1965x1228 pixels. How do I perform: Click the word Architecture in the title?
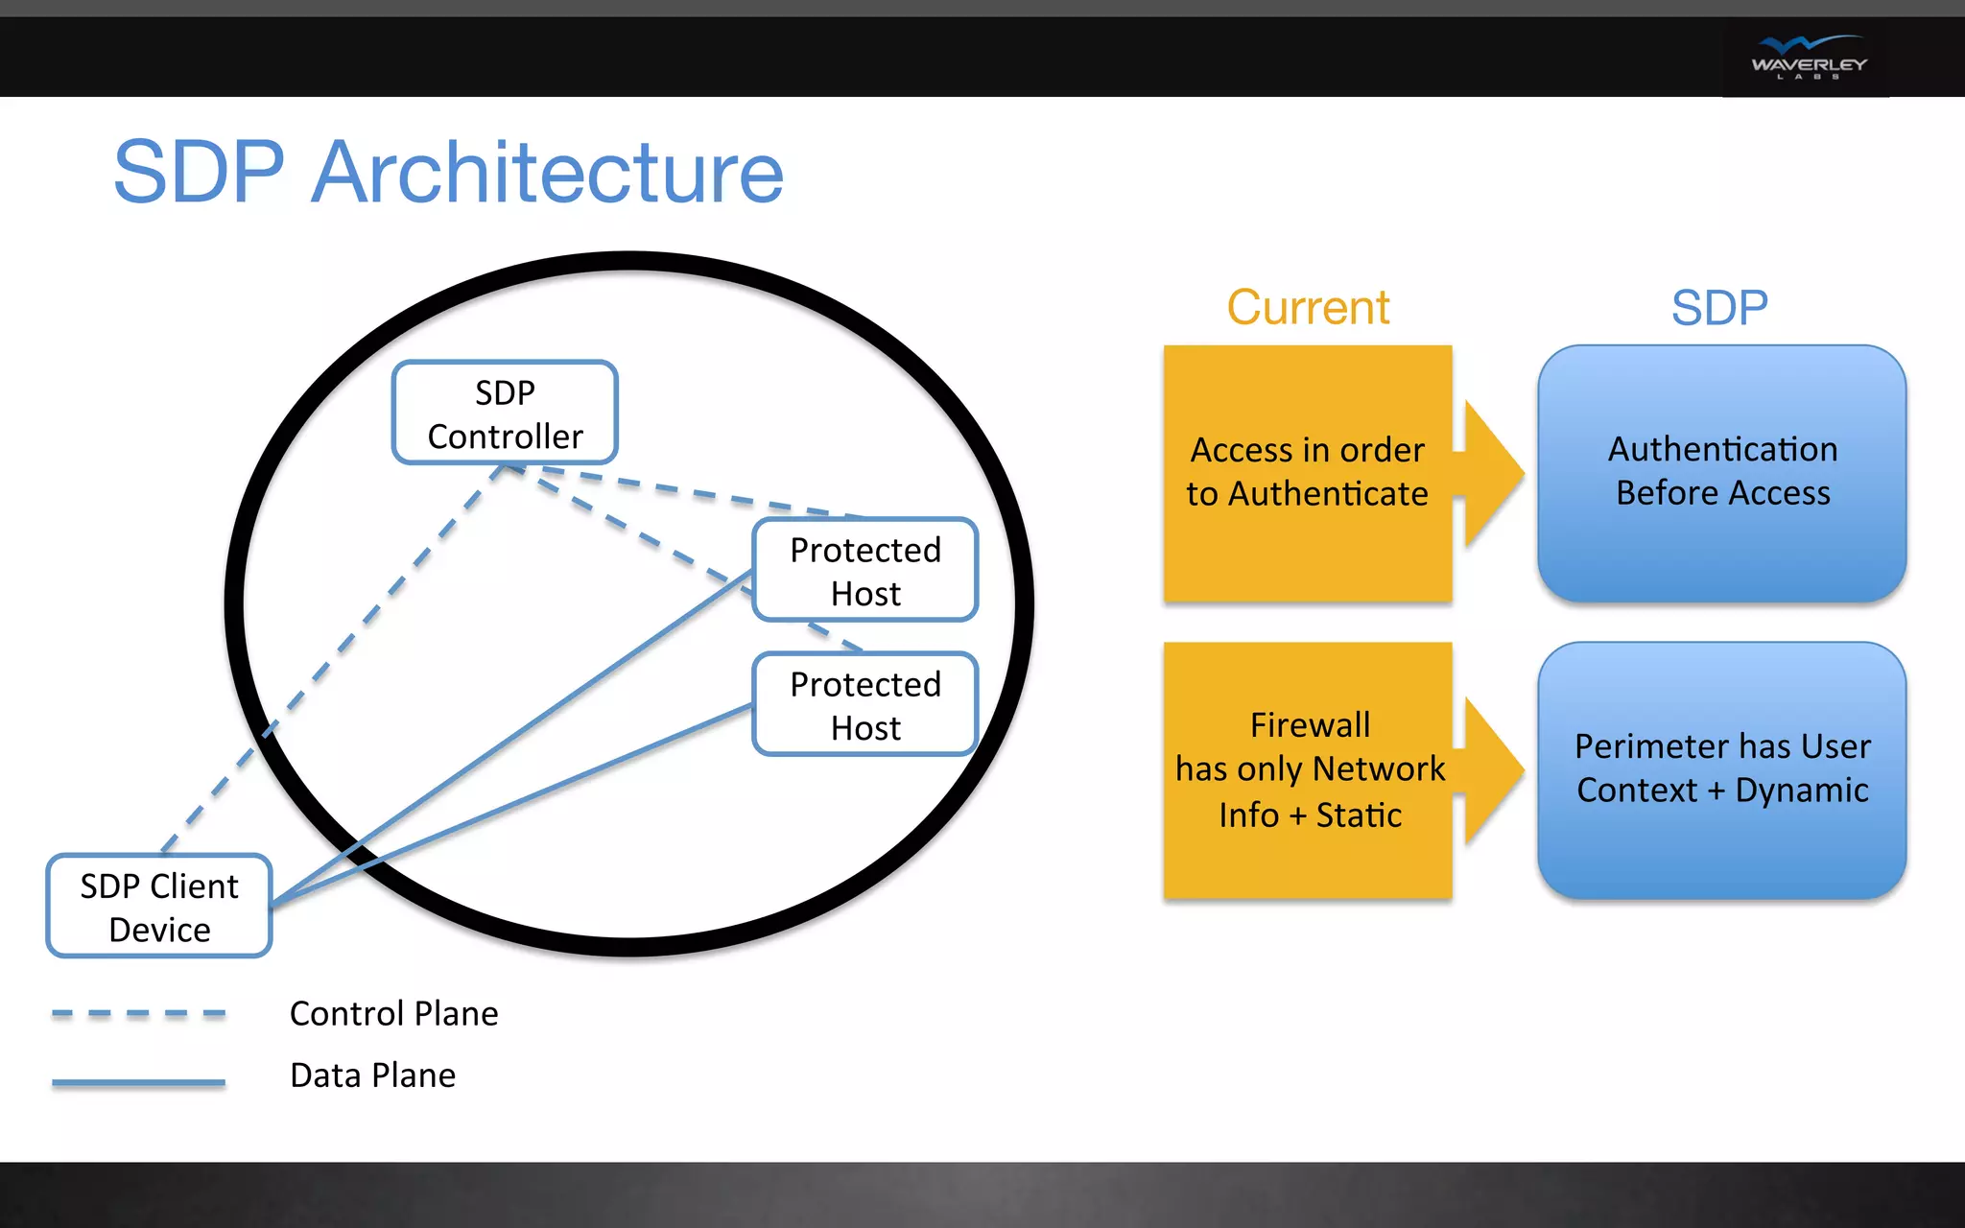[547, 173]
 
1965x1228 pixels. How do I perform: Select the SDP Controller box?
[505, 413]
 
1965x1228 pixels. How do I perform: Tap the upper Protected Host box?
[864, 571]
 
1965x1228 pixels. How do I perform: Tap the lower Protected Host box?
[864, 705]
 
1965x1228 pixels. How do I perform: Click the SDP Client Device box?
[159, 907]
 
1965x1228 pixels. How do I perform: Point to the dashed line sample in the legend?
[138, 1013]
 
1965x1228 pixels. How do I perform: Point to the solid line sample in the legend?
[138, 1082]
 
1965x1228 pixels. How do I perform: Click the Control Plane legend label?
[393, 1013]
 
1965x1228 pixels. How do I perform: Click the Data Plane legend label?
[372, 1075]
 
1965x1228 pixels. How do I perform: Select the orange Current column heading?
[1308, 308]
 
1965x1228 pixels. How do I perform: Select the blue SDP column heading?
[1719, 308]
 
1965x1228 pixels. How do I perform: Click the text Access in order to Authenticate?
[1307, 471]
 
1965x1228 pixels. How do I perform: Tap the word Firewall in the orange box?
[1310, 725]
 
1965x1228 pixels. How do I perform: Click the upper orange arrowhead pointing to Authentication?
[1493, 473]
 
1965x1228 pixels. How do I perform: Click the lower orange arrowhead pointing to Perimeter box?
[1493, 770]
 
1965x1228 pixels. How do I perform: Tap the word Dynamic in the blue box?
[1801, 791]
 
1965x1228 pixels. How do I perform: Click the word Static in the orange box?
[1359, 815]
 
